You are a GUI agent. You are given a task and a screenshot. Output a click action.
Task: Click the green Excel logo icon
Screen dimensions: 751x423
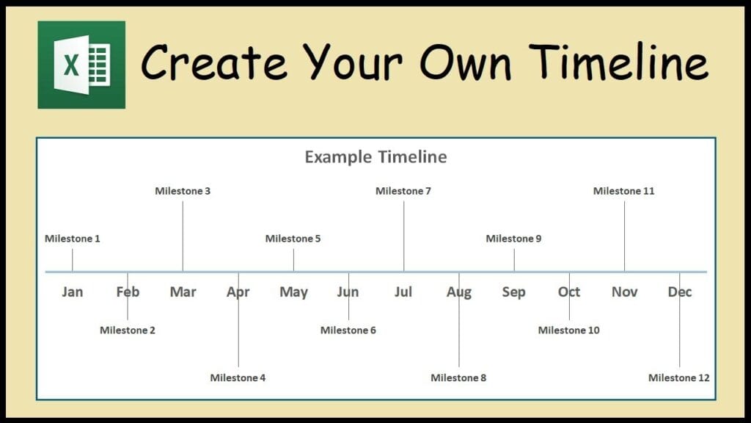coord(81,65)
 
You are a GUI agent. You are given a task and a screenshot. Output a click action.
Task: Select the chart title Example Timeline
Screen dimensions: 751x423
coord(376,157)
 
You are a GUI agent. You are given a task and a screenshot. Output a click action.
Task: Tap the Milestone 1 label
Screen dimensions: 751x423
coord(73,239)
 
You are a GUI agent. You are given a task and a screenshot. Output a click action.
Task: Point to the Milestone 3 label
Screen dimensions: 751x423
coord(183,191)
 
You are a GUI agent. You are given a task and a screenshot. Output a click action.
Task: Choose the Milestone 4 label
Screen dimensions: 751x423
coord(238,377)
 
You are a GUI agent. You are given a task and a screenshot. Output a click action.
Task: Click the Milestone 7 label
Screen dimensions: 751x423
coord(403,191)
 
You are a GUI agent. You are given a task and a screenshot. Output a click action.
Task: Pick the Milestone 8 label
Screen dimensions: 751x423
coord(458,377)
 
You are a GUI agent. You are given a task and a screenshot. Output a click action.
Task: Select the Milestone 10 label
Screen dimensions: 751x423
coord(568,330)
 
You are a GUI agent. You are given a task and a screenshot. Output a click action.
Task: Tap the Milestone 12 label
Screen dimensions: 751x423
coord(678,377)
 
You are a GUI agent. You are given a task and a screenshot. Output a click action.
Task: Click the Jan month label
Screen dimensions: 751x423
coord(73,292)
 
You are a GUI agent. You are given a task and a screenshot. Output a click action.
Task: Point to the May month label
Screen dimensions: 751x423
coord(293,292)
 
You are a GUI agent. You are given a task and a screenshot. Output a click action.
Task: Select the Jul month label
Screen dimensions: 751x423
coord(403,292)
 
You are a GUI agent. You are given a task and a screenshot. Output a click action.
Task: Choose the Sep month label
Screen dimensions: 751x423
coord(514,292)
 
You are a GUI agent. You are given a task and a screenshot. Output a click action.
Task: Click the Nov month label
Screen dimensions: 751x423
coord(625,292)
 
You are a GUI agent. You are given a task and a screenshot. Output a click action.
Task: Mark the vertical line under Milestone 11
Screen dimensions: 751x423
coord(624,236)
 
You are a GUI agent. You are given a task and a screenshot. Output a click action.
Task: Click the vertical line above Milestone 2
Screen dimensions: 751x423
coord(128,296)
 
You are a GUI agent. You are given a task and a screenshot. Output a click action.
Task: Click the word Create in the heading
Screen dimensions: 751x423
coord(213,62)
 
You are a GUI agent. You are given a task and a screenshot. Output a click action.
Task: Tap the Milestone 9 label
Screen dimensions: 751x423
coord(513,239)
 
